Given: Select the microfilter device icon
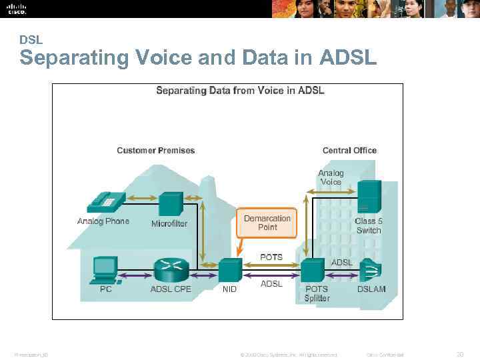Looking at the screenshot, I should (x=171, y=203).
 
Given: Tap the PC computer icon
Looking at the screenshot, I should (x=105, y=269).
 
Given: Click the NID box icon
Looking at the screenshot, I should (x=229, y=271).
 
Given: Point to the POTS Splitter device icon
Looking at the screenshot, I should (x=311, y=271).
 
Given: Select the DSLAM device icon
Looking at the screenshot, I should (x=371, y=271).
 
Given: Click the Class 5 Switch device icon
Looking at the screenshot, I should (x=369, y=197).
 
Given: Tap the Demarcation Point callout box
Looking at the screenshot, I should (x=267, y=223).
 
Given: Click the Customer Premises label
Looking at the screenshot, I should (x=156, y=151).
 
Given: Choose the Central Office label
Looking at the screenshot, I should (x=349, y=151).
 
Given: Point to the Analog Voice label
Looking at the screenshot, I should (x=331, y=177).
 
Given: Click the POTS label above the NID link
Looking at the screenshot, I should (x=271, y=257).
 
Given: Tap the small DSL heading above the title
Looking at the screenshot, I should (x=31, y=40).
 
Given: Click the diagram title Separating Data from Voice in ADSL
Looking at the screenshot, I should (x=240, y=91).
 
